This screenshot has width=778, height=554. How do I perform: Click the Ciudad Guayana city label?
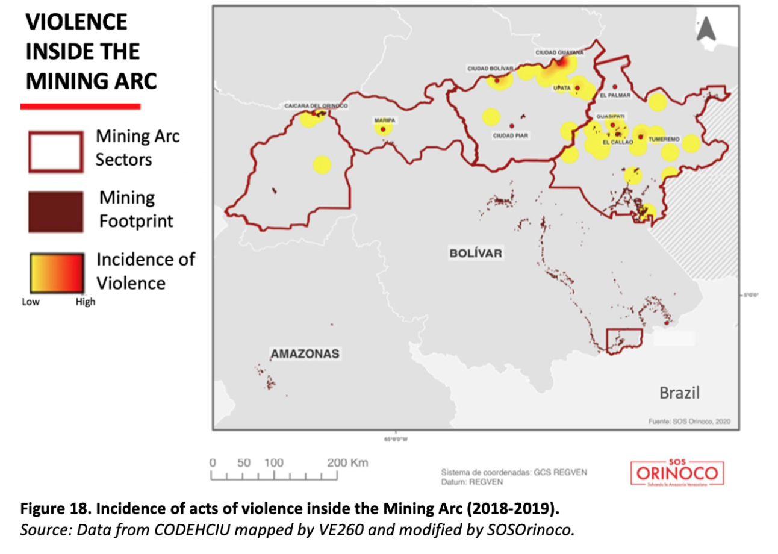pyautogui.click(x=559, y=52)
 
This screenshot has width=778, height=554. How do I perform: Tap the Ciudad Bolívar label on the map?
pyautogui.click(x=490, y=69)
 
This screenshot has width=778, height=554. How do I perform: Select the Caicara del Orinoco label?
pyautogui.click(x=316, y=106)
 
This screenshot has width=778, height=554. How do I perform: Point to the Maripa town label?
pyautogui.click(x=384, y=120)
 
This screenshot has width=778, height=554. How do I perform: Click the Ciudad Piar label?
pyautogui.click(x=511, y=135)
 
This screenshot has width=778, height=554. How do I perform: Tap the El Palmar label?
pyautogui.click(x=615, y=95)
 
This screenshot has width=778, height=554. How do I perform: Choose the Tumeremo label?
pyautogui.click(x=664, y=139)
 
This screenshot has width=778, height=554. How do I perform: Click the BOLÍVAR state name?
pyautogui.click(x=476, y=253)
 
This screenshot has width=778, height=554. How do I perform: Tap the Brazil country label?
pyautogui.click(x=679, y=394)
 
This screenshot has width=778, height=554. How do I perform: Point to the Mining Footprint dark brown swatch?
pyautogui.click(x=55, y=213)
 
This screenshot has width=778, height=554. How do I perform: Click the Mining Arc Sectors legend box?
pyautogui.click(x=55, y=152)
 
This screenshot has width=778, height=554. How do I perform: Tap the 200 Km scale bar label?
pyautogui.click(x=347, y=463)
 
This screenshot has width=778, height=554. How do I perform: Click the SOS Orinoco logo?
pyautogui.click(x=677, y=473)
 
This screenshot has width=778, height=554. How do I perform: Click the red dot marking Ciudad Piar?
pyautogui.click(x=511, y=126)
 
